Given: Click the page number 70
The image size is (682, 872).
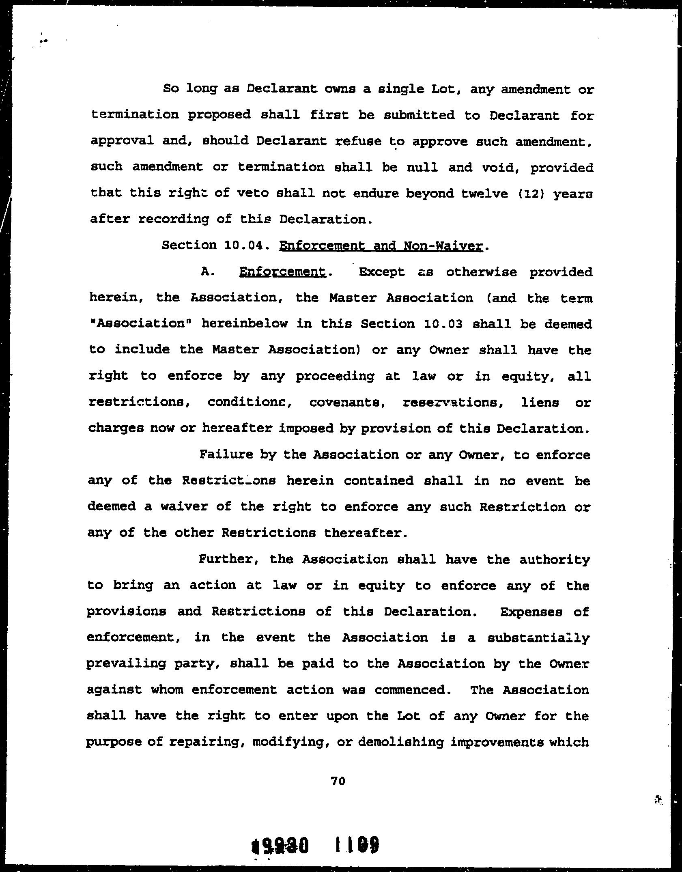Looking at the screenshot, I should [338, 780].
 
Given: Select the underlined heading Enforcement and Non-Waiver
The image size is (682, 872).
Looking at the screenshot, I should [381, 246].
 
